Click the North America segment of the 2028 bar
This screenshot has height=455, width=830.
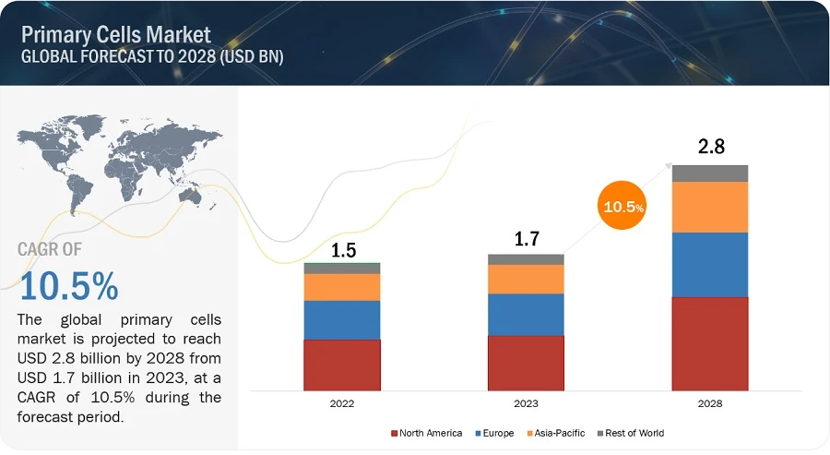709,343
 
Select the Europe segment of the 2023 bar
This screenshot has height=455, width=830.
526,314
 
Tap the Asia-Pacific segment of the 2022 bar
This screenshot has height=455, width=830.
342,287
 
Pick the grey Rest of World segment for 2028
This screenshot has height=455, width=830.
709,174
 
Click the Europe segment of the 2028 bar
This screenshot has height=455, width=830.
709,264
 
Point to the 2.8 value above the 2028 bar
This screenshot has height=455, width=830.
709,146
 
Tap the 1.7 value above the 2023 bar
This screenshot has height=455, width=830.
526,239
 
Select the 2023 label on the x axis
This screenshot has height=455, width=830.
526,403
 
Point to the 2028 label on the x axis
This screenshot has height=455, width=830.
709,403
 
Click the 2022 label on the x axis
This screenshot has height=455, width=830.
342,403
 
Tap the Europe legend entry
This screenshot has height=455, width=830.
495,433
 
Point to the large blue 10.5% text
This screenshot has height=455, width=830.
68,286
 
